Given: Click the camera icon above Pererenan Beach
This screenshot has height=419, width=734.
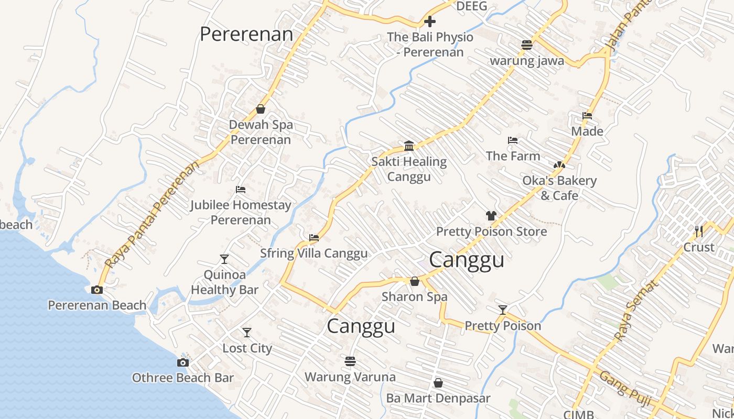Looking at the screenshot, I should point(97,290).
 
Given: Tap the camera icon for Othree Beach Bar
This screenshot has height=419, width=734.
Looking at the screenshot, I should point(183,362).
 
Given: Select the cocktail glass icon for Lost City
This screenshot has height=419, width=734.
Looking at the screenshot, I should point(247,333).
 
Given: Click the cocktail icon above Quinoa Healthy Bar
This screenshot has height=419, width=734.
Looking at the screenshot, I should point(224,259).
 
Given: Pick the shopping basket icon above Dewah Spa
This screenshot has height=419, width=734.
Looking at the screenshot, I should point(261,109).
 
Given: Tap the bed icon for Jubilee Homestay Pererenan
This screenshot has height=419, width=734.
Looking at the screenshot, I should point(241,189).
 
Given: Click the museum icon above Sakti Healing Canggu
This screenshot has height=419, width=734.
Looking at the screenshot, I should point(409,146).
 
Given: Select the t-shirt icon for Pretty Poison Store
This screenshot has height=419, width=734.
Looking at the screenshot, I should point(491,215).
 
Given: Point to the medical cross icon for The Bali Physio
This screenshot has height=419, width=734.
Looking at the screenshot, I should point(430,21).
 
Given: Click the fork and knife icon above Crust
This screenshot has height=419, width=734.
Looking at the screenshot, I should point(698,231).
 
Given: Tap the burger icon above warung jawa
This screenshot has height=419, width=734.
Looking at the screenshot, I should point(527,45).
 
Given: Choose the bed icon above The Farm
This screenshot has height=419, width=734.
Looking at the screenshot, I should point(513,140).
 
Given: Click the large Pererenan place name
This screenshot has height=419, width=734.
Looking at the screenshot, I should point(246,34).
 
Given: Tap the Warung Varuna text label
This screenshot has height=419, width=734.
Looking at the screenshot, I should point(350,377).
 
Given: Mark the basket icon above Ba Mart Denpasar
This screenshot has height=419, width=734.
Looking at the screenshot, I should point(438,383).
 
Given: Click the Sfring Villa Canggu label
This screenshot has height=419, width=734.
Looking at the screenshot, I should point(314,253).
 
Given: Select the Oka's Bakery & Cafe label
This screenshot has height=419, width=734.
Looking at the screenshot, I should point(559,188).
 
